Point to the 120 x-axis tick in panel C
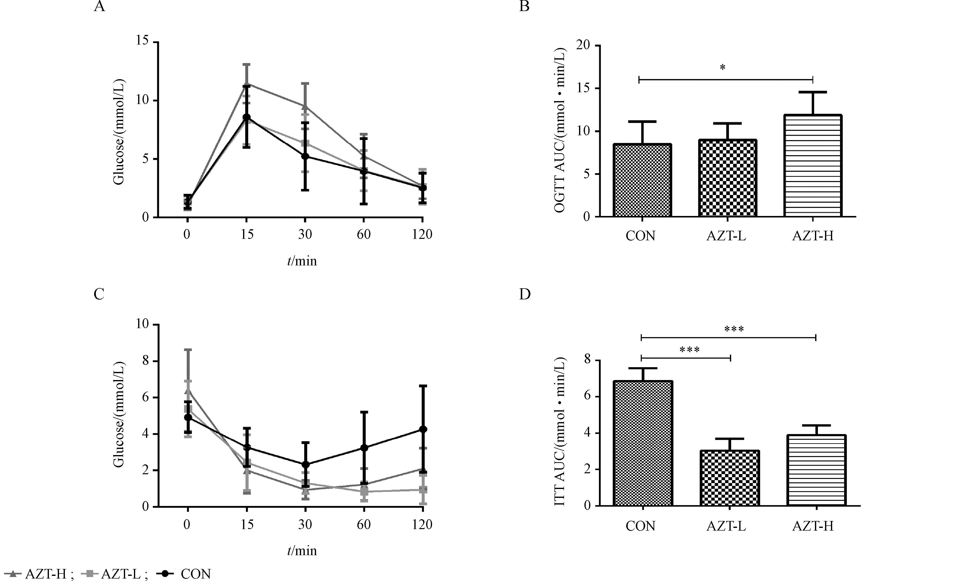[422, 525]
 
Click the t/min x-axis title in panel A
[302, 261]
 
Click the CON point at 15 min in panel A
[247, 117]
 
